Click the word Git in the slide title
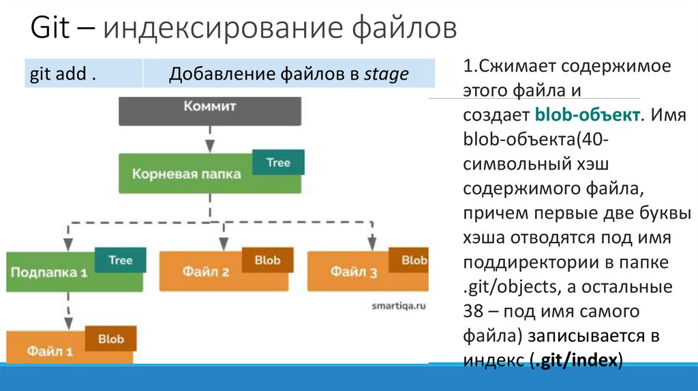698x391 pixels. (52, 30)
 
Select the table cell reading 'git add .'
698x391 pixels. (60, 74)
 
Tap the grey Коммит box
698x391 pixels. (209, 110)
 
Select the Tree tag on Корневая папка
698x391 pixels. (278, 163)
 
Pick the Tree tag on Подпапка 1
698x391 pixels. (120, 260)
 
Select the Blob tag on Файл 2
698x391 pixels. (267, 260)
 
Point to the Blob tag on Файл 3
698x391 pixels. (413, 260)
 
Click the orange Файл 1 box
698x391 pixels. (50, 351)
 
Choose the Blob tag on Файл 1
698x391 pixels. (110, 339)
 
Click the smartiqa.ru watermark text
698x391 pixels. (397, 307)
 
